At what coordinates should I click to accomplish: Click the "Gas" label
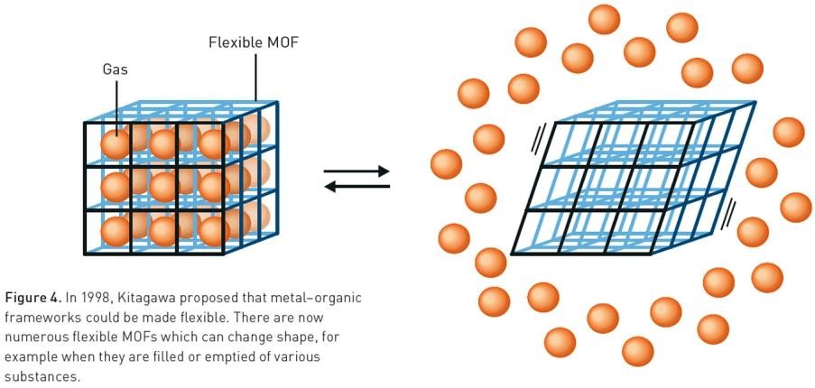click(116, 69)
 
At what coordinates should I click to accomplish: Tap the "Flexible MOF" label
click(255, 42)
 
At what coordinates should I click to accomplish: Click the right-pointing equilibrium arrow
click(357, 171)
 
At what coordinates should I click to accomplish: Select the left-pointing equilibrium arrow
click(357, 187)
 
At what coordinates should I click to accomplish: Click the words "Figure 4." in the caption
click(32, 298)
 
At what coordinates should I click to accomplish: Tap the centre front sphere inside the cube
click(164, 187)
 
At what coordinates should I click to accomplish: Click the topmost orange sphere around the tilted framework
click(604, 19)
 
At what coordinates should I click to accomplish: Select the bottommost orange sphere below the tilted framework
click(638, 350)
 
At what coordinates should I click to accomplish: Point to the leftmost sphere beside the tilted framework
click(447, 164)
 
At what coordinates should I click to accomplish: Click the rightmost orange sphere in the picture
click(796, 207)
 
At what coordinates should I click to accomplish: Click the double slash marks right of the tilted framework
click(729, 211)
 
